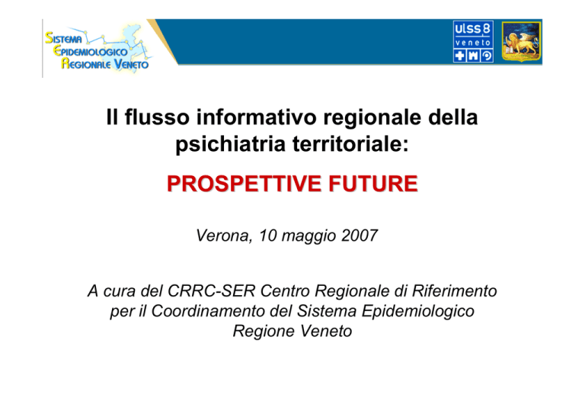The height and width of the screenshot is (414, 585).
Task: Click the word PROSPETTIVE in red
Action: [244, 184]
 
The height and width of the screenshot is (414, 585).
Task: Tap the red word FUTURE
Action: [373, 184]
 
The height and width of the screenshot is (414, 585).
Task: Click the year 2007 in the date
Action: [360, 236]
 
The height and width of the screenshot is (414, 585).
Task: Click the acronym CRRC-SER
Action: [211, 290]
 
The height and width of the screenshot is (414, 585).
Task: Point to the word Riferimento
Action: [454, 290]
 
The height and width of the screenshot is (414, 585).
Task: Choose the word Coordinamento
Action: [208, 311]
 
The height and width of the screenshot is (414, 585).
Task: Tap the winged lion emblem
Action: [521, 41]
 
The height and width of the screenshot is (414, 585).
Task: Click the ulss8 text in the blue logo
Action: [473, 29]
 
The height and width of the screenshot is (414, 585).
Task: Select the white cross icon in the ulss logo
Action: [459, 56]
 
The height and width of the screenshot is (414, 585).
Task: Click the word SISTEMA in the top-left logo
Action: [63, 38]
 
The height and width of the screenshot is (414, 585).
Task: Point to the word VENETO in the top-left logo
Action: [131, 64]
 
